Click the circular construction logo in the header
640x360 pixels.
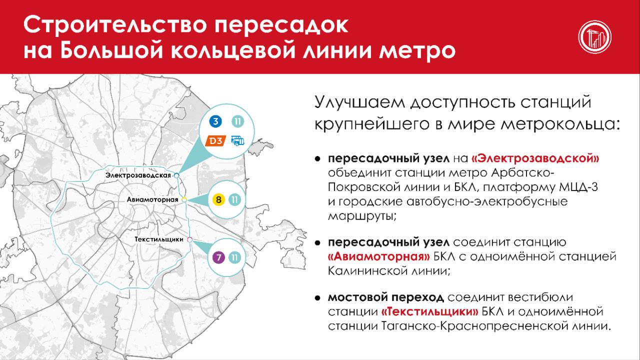(x=595, y=37)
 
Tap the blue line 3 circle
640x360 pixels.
(x=215, y=121)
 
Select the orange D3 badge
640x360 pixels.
(x=215, y=141)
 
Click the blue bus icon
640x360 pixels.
(x=237, y=141)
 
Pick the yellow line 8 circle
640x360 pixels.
(x=218, y=199)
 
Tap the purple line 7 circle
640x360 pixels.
(x=218, y=257)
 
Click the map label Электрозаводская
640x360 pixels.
(x=138, y=175)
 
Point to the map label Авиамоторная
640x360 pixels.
(x=152, y=199)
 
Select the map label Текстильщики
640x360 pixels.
(x=159, y=239)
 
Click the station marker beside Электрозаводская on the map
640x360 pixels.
(x=176, y=175)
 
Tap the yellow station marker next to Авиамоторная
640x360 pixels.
(x=184, y=199)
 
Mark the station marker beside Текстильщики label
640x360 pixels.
(x=189, y=239)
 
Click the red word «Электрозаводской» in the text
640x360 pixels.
(x=535, y=158)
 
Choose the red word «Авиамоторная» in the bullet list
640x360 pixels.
(x=379, y=256)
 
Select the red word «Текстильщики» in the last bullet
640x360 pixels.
(x=429, y=311)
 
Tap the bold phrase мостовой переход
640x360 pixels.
(x=385, y=297)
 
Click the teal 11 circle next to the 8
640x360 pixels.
(x=234, y=199)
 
